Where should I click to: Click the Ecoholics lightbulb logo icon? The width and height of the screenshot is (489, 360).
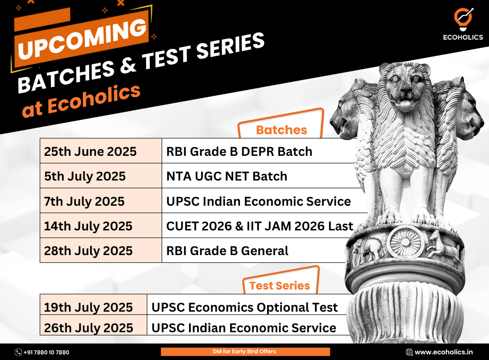[463, 19]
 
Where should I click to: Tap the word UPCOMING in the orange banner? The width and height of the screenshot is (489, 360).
[82, 39]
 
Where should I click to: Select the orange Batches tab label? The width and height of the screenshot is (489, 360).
[281, 130]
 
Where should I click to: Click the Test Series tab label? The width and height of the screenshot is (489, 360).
[280, 285]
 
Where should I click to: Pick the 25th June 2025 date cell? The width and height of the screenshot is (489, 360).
[101, 151]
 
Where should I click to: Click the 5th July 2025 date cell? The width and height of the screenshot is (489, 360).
[101, 176]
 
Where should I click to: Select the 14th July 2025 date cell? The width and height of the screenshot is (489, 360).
[101, 226]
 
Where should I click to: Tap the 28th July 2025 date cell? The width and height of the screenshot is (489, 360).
[101, 250]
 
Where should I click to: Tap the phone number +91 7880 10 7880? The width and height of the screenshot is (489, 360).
[42, 352]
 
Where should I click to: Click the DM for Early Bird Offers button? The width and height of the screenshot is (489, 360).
[245, 352]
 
